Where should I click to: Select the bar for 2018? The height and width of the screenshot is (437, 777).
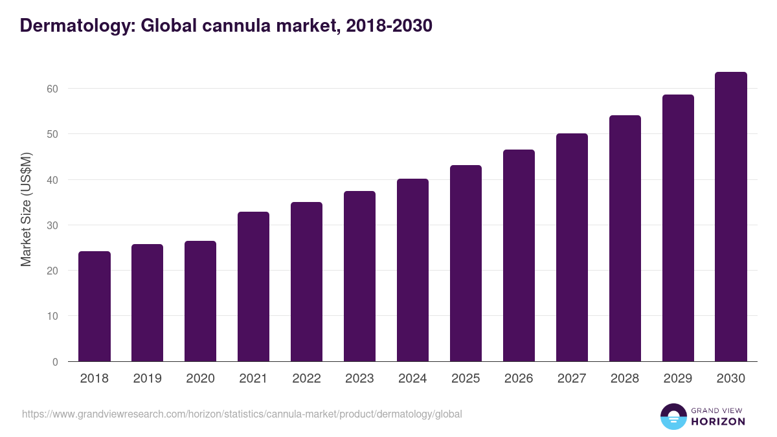[95, 306]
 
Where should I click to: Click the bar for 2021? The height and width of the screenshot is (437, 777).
[254, 287]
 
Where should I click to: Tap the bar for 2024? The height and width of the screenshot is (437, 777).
[413, 270]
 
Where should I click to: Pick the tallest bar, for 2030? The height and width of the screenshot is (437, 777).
[731, 217]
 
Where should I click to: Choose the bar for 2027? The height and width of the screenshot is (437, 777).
[572, 247]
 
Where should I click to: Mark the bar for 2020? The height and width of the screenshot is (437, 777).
[201, 301]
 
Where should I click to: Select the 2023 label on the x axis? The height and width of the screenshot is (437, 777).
[359, 379]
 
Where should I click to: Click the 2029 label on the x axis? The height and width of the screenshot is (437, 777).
[678, 379]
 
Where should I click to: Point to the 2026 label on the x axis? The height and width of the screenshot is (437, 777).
[519, 379]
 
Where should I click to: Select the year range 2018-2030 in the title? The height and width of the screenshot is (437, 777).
[389, 26]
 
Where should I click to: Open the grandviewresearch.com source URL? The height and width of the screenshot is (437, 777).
[242, 414]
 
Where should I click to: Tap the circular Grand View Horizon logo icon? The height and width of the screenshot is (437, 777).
[673, 416]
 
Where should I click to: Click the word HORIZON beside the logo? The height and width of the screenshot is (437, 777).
[718, 421]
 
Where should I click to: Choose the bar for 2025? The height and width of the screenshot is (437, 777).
[466, 263]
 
